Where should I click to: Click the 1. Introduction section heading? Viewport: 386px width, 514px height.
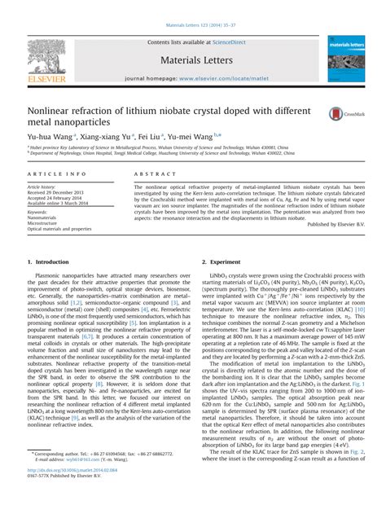[x=48, y=261]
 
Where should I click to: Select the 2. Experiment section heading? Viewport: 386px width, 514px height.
[x=221, y=261]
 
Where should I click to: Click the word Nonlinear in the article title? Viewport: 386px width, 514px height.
[x=55, y=110]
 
